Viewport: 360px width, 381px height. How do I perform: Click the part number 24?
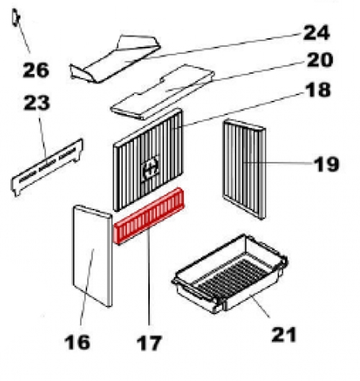[x=317, y=32]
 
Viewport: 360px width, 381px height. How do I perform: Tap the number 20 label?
[x=320, y=60]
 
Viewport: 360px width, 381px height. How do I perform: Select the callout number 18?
[x=318, y=89]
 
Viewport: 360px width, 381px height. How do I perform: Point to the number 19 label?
[x=326, y=164]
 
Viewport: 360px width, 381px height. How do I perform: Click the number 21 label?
[x=284, y=335]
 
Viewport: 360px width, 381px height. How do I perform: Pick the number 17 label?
[x=148, y=343]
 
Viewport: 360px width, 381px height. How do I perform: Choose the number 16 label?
[x=77, y=342]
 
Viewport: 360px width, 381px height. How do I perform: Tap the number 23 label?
[x=37, y=103]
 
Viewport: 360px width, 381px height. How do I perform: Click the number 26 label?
[x=36, y=70]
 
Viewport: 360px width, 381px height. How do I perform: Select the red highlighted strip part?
[x=149, y=215]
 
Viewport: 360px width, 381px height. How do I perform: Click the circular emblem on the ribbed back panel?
[x=151, y=168]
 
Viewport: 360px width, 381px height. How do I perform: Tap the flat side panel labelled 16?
[x=93, y=255]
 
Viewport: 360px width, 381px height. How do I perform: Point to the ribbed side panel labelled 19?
[x=244, y=169]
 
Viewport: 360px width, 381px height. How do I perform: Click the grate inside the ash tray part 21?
[x=233, y=277]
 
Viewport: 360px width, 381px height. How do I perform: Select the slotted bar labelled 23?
[x=47, y=167]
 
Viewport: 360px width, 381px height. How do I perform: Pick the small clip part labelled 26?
[x=16, y=17]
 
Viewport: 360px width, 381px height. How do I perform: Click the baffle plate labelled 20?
[x=162, y=91]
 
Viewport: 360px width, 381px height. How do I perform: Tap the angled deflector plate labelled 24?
[x=114, y=60]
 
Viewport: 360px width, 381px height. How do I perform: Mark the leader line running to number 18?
[x=238, y=109]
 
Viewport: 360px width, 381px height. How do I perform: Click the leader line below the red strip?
[x=148, y=278]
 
